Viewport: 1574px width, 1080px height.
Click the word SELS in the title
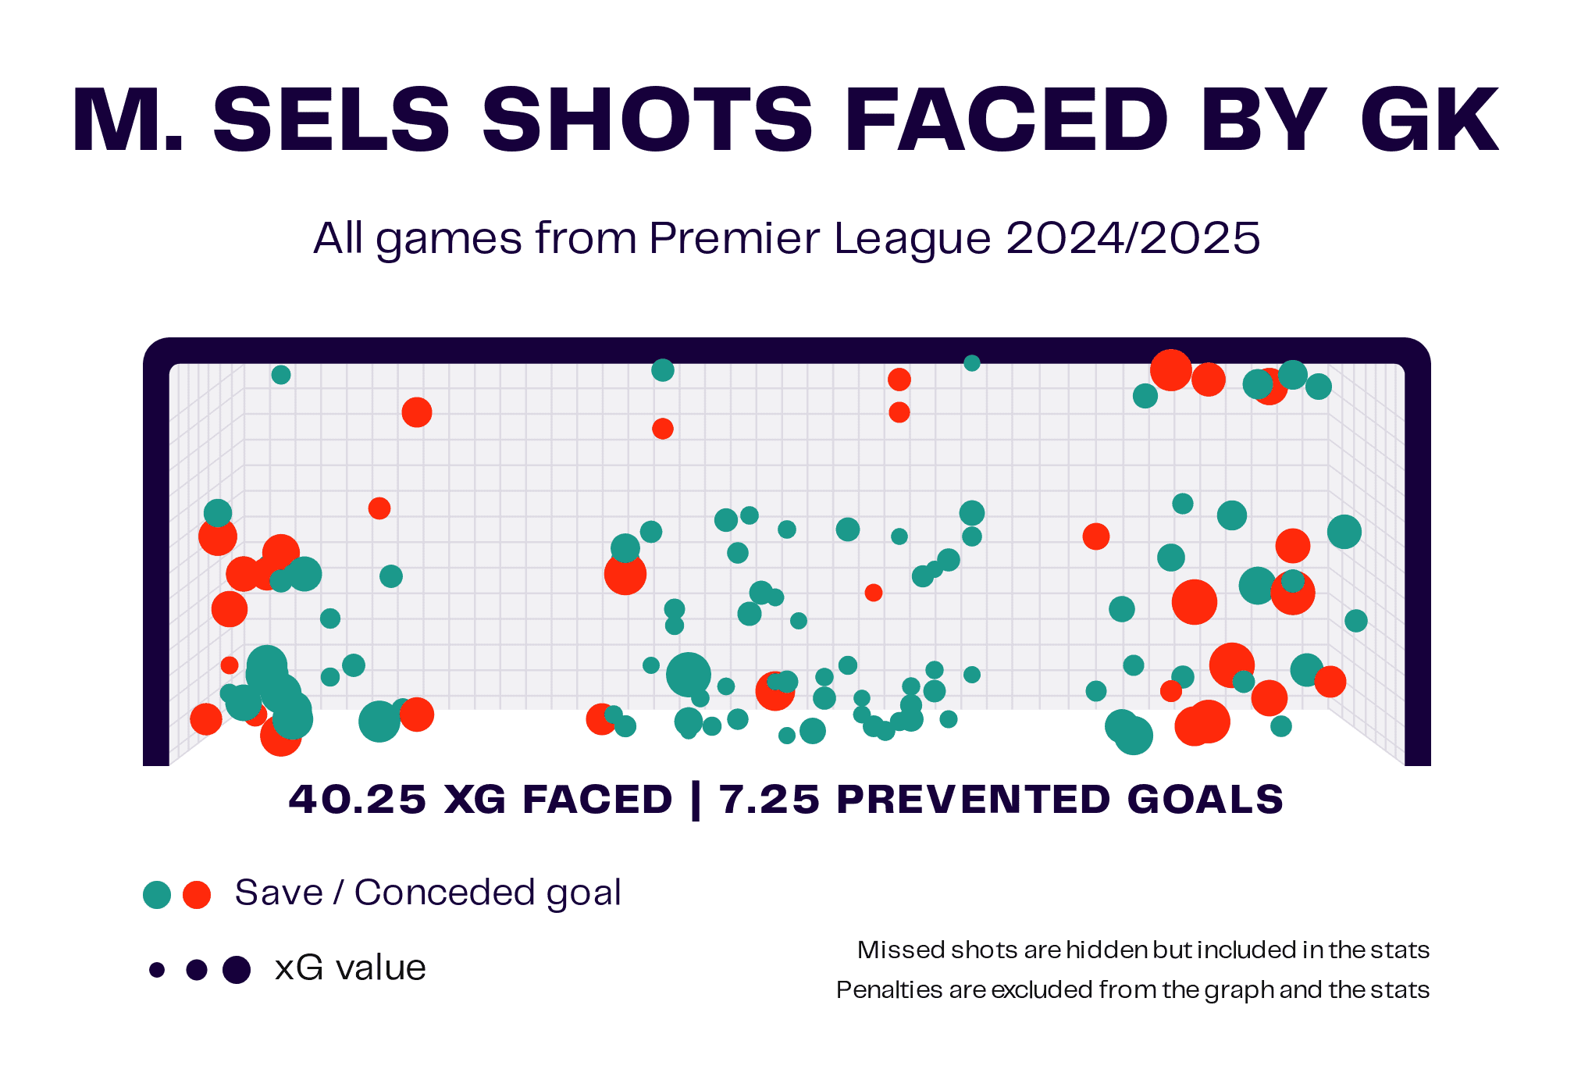331,121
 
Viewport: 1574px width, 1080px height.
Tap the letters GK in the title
1428,121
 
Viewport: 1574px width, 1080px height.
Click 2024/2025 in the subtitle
1132,237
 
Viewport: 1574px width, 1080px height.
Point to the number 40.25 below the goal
358,799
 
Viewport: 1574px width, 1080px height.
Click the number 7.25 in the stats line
769,799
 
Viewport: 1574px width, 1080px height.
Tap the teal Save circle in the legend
157,895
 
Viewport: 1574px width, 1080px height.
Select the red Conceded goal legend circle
197,895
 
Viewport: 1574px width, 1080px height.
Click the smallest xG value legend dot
157,970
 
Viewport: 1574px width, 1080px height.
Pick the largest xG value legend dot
237,970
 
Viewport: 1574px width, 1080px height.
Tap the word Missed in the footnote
888,950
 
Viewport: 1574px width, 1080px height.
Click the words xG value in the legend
350,968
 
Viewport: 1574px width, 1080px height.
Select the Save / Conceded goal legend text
428,893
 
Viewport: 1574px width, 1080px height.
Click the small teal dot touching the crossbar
971,363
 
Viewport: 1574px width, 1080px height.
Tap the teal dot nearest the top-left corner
281,375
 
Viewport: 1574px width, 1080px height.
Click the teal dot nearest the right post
1356,621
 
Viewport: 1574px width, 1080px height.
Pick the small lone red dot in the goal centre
874,593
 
